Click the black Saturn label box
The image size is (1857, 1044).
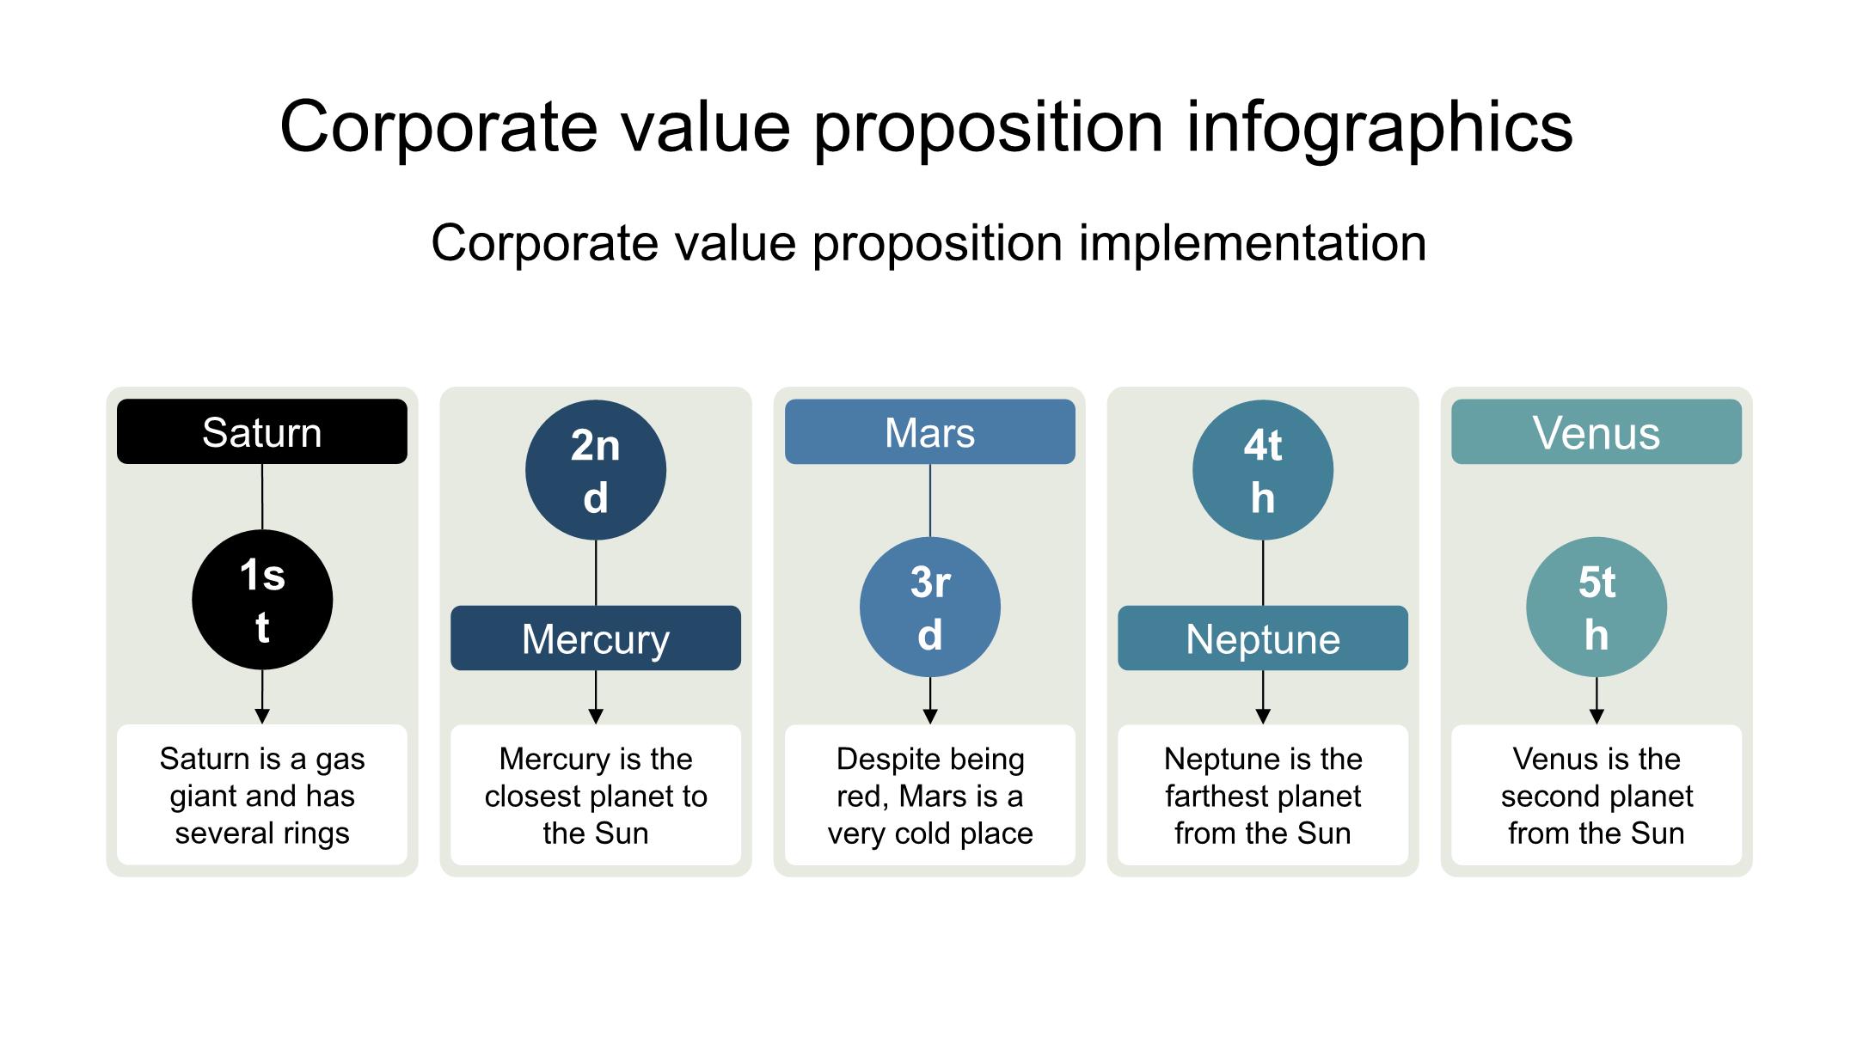(x=262, y=431)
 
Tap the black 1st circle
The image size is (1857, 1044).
(x=262, y=599)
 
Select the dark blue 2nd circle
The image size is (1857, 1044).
(x=596, y=470)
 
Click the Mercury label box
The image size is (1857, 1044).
(x=596, y=638)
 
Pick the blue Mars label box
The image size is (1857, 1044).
(x=930, y=431)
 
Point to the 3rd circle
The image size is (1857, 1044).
(x=930, y=607)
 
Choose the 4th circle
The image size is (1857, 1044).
(x=1263, y=470)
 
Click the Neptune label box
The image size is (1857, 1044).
(x=1263, y=638)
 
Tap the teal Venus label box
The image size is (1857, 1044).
(x=1597, y=431)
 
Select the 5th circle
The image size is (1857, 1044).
(x=1597, y=607)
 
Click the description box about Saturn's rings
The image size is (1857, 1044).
(x=262, y=795)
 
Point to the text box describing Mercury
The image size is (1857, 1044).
(x=596, y=795)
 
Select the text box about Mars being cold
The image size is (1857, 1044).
(x=930, y=795)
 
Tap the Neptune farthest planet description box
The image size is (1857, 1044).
(x=1263, y=795)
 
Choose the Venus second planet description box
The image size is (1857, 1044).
(x=1597, y=795)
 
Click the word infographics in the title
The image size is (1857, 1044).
(x=1379, y=128)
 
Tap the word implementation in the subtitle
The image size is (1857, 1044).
(x=1253, y=243)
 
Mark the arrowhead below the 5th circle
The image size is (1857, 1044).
(x=1597, y=717)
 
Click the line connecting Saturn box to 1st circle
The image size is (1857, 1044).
(x=262, y=497)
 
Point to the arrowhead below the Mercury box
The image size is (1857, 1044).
(x=596, y=717)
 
